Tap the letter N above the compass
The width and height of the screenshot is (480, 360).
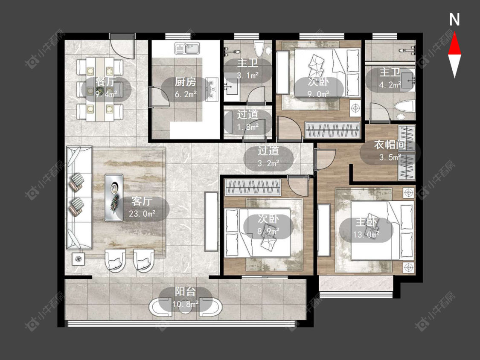(x=454, y=20)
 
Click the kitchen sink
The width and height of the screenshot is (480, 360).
(x=187, y=48)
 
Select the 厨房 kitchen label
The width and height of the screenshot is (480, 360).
(x=185, y=82)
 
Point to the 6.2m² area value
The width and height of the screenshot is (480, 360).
(x=186, y=94)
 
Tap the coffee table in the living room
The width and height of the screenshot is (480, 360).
(x=114, y=197)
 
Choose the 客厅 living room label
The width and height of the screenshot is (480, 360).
(x=142, y=201)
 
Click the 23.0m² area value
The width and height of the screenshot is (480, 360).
(x=142, y=213)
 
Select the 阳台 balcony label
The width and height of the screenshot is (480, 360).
(x=185, y=291)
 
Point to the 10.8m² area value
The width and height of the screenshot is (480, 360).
(x=185, y=304)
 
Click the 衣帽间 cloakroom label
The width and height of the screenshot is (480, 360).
(x=390, y=145)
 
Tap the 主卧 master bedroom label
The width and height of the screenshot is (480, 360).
(x=366, y=222)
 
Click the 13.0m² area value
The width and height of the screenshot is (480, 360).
(x=366, y=235)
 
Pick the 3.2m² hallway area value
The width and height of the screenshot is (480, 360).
(x=268, y=163)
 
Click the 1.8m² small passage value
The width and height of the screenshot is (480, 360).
(x=248, y=127)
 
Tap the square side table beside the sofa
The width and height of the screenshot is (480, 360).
(x=79, y=259)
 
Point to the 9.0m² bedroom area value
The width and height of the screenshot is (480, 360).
(x=319, y=94)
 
